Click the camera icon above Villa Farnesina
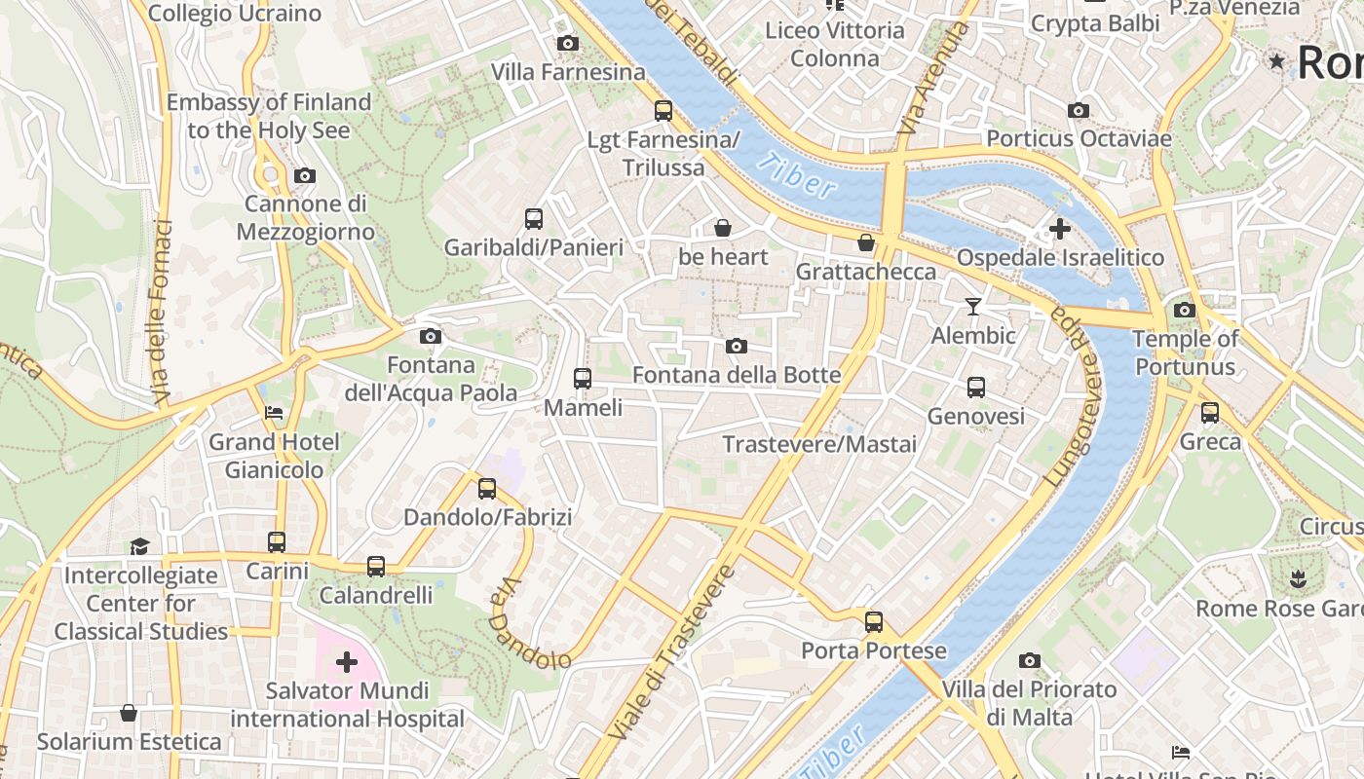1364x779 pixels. pyautogui.click(x=567, y=43)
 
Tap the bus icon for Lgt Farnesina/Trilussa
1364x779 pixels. pyautogui.click(x=663, y=110)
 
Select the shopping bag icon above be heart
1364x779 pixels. pyautogui.click(x=723, y=228)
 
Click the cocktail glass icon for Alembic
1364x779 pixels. pyautogui.click(x=972, y=307)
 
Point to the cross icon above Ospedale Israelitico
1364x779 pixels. pyautogui.click(x=1060, y=230)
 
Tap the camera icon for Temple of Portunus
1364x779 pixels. pyautogui.click(x=1185, y=311)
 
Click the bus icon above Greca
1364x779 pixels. pyautogui.click(x=1210, y=413)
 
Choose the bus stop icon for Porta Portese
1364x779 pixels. pyautogui.click(x=874, y=621)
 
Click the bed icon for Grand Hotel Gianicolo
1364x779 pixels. pyautogui.click(x=274, y=413)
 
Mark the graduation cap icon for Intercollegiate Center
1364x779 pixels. pyautogui.click(x=140, y=546)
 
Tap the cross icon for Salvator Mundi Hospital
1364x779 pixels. pyautogui.click(x=347, y=663)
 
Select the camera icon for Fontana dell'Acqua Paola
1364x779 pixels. pyautogui.click(x=430, y=337)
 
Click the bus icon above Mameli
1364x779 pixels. pyautogui.click(x=583, y=378)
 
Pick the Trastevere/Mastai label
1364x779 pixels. pyautogui.click(x=819, y=444)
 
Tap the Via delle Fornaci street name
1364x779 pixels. pyautogui.click(x=163, y=312)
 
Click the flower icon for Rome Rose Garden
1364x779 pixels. pyautogui.click(x=1297, y=580)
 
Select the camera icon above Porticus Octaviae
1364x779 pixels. pyautogui.click(x=1079, y=111)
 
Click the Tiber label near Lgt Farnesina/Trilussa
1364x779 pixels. pyautogui.click(x=796, y=175)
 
